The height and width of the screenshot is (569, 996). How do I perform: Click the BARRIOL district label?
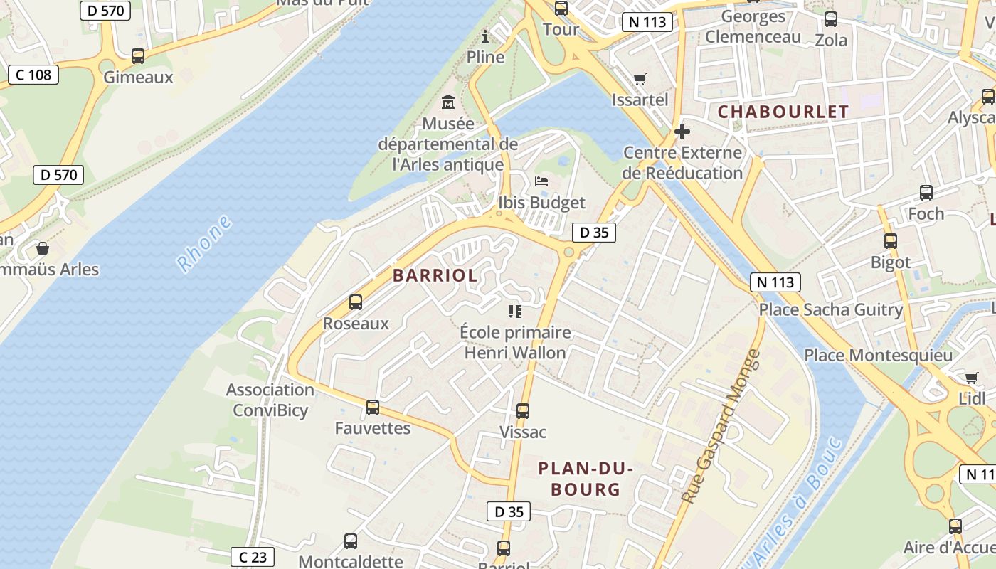point(435,276)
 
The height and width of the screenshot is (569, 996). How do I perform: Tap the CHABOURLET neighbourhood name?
point(783,112)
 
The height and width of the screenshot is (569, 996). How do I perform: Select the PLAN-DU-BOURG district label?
point(585,479)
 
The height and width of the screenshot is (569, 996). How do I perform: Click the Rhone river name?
point(205,244)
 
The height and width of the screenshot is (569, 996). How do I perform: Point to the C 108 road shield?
point(33,75)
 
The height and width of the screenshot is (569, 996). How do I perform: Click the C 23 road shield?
point(253,557)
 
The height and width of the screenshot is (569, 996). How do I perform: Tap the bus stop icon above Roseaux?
point(356,302)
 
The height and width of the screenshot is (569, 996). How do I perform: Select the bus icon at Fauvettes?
point(372,408)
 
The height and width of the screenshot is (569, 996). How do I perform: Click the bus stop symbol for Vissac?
point(523,410)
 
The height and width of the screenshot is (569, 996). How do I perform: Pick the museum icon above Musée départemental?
point(448,102)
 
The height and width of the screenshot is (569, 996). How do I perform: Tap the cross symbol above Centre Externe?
point(682,132)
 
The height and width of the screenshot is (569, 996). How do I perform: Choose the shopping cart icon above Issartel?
point(640,79)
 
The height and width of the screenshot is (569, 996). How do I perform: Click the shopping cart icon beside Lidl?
point(972,377)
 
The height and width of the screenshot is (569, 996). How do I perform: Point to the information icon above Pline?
point(486,36)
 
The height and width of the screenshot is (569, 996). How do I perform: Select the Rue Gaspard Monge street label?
point(721,427)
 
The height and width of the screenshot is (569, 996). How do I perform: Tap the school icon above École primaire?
point(515,311)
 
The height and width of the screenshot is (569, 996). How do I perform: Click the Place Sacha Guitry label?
point(830,309)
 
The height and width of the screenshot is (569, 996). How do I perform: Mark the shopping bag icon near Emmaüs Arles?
point(43,248)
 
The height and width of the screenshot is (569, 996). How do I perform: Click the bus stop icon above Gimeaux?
point(138,55)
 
